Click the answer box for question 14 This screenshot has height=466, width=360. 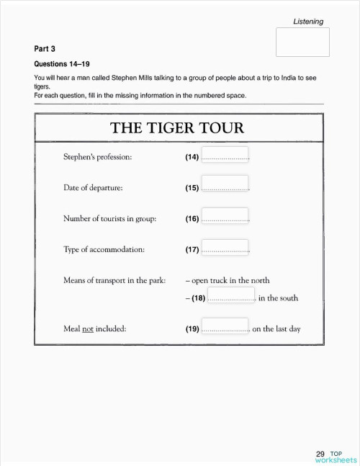pyautogui.click(x=225, y=156)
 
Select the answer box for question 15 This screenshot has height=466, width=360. pyautogui.click(x=225, y=187)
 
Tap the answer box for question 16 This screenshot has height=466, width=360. pyautogui.click(x=225, y=218)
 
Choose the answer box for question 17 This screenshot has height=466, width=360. pyautogui.click(x=225, y=248)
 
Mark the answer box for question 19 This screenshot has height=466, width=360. pyautogui.click(x=225, y=328)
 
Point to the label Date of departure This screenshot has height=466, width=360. pyautogui.click(x=93, y=188)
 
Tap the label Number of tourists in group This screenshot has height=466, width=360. pyautogui.click(x=109, y=219)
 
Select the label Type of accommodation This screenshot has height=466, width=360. pyautogui.click(x=104, y=250)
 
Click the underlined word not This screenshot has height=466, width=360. pyautogui.click(x=88, y=330)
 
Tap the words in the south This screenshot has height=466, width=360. pyautogui.click(x=278, y=298)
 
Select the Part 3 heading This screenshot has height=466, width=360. pyautogui.click(x=45, y=49)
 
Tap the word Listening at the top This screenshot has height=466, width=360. pyautogui.click(x=308, y=22)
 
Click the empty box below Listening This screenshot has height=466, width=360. pyautogui.click(x=302, y=42)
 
